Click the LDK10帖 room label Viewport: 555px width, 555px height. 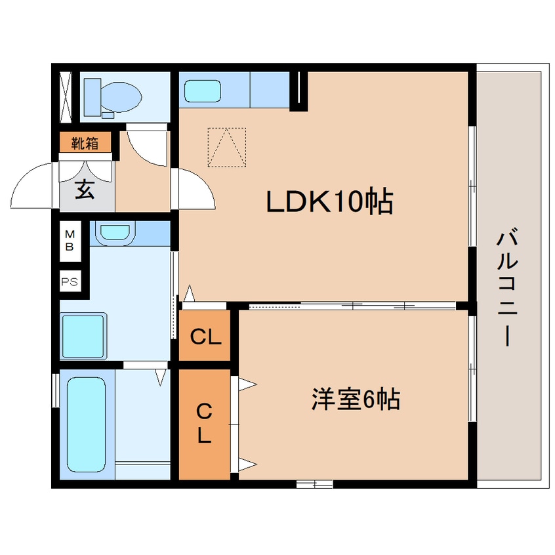[x=329, y=202]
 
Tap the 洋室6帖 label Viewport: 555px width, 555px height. [x=356, y=399]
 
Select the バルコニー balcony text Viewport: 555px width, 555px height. [x=508, y=287]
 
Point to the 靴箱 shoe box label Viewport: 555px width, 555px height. [x=85, y=143]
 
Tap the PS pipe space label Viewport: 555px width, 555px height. [x=69, y=283]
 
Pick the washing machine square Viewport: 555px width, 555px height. [x=83, y=336]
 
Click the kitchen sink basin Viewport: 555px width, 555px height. [x=203, y=91]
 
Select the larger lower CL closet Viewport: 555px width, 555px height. [x=205, y=424]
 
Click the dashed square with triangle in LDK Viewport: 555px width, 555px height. [x=226, y=148]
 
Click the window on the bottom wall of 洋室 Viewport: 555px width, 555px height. [x=314, y=485]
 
